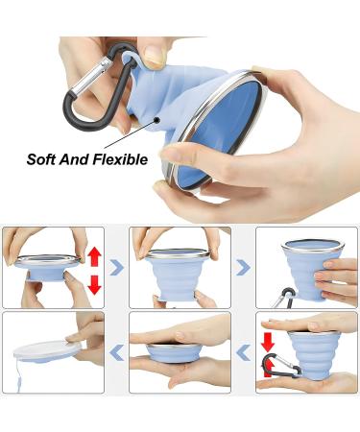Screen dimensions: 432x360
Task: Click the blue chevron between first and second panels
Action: [116, 267]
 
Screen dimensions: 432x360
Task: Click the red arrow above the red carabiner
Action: [268, 340]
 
